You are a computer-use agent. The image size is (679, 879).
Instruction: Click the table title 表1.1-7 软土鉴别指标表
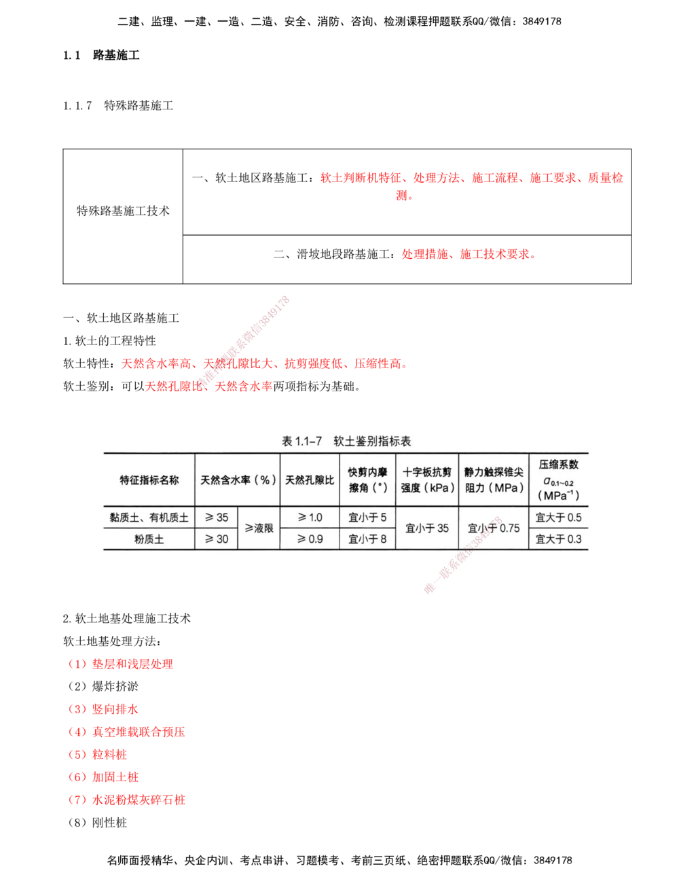click(346, 442)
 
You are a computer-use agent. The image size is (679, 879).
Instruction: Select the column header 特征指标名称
click(149, 480)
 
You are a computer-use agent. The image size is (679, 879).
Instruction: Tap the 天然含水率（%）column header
click(238, 480)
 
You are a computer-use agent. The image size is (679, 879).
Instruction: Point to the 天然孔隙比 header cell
click(310, 480)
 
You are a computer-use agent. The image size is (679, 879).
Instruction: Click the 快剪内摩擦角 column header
click(367, 480)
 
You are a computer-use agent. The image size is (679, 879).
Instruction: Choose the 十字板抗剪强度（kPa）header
click(427, 480)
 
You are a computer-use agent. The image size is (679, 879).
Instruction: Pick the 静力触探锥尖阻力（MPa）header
click(494, 480)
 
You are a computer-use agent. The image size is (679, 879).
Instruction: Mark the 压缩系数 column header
click(558, 480)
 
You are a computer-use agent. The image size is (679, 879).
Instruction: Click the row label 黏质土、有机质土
click(149, 518)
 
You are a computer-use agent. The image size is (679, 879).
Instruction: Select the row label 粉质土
click(149, 539)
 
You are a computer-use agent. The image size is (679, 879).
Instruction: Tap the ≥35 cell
click(217, 518)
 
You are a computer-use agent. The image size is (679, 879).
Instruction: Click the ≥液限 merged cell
click(259, 528)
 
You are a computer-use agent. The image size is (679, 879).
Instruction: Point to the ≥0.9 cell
click(310, 539)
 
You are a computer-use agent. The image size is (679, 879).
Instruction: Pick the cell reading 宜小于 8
click(367, 539)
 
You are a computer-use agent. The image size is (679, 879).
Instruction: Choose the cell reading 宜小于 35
click(427, 528)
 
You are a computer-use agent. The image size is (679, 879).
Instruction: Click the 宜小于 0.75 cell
click(494, 528)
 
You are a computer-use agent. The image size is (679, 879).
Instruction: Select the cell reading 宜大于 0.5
click(558, 518)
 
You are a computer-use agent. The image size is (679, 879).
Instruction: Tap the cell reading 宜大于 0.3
click(558, 539)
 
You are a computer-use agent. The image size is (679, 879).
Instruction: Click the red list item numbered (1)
click(120, 665)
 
